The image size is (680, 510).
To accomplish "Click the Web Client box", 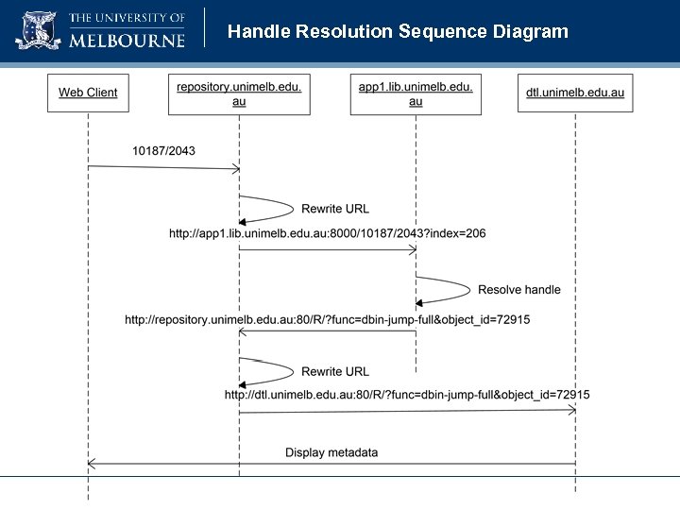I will [x=88, y=93].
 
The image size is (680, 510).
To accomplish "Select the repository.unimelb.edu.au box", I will [x=239, y=93].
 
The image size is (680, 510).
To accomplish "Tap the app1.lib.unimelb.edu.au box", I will [x=416, y=93].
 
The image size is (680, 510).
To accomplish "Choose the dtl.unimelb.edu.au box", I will [x=575, y=93].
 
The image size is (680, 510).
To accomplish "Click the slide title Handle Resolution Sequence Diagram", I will [x=398, y=31].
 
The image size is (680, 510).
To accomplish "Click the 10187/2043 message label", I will [x=164, y=150].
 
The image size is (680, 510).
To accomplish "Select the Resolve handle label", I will [x=518, y=290].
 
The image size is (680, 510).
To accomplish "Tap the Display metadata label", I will [x=331, y=453].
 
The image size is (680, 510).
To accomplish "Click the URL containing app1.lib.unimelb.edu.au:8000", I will [x=327, y=233].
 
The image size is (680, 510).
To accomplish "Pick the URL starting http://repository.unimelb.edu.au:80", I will [x=327, y=320].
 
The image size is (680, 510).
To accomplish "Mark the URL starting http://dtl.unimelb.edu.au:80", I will [x=406, y=395].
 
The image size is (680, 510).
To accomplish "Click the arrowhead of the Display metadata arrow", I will [x=92, y=464].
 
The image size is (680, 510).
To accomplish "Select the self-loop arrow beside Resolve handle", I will [x=449, y=289].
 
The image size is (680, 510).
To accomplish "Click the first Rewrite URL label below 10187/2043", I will [x=335, y=209].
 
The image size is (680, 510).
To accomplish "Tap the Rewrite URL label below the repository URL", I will [x=335, y=371].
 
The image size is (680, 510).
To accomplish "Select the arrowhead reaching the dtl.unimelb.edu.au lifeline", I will [x=571, y=412].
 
